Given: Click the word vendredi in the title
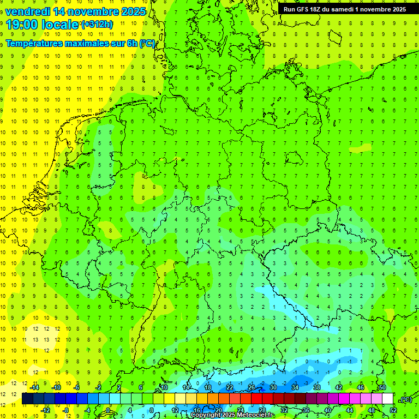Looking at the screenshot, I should pos(27,11).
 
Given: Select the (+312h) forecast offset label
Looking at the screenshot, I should pos(97,25).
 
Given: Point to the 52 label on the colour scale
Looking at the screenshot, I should pos(393,410).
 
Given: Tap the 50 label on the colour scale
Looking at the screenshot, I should pos(382,387).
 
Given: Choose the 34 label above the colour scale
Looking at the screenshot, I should pos(295,387).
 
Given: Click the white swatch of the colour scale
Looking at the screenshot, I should pos(388,399).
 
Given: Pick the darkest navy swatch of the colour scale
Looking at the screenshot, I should pos(28,399).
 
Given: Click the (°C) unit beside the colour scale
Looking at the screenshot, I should pos(405,399).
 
